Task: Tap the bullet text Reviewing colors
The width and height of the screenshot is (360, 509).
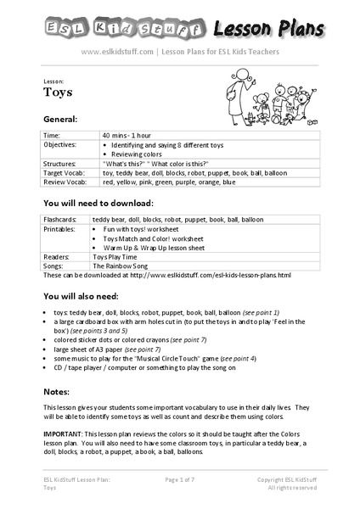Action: tap(140, 154)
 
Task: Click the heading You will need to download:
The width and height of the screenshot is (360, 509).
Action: tap(98, 204)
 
